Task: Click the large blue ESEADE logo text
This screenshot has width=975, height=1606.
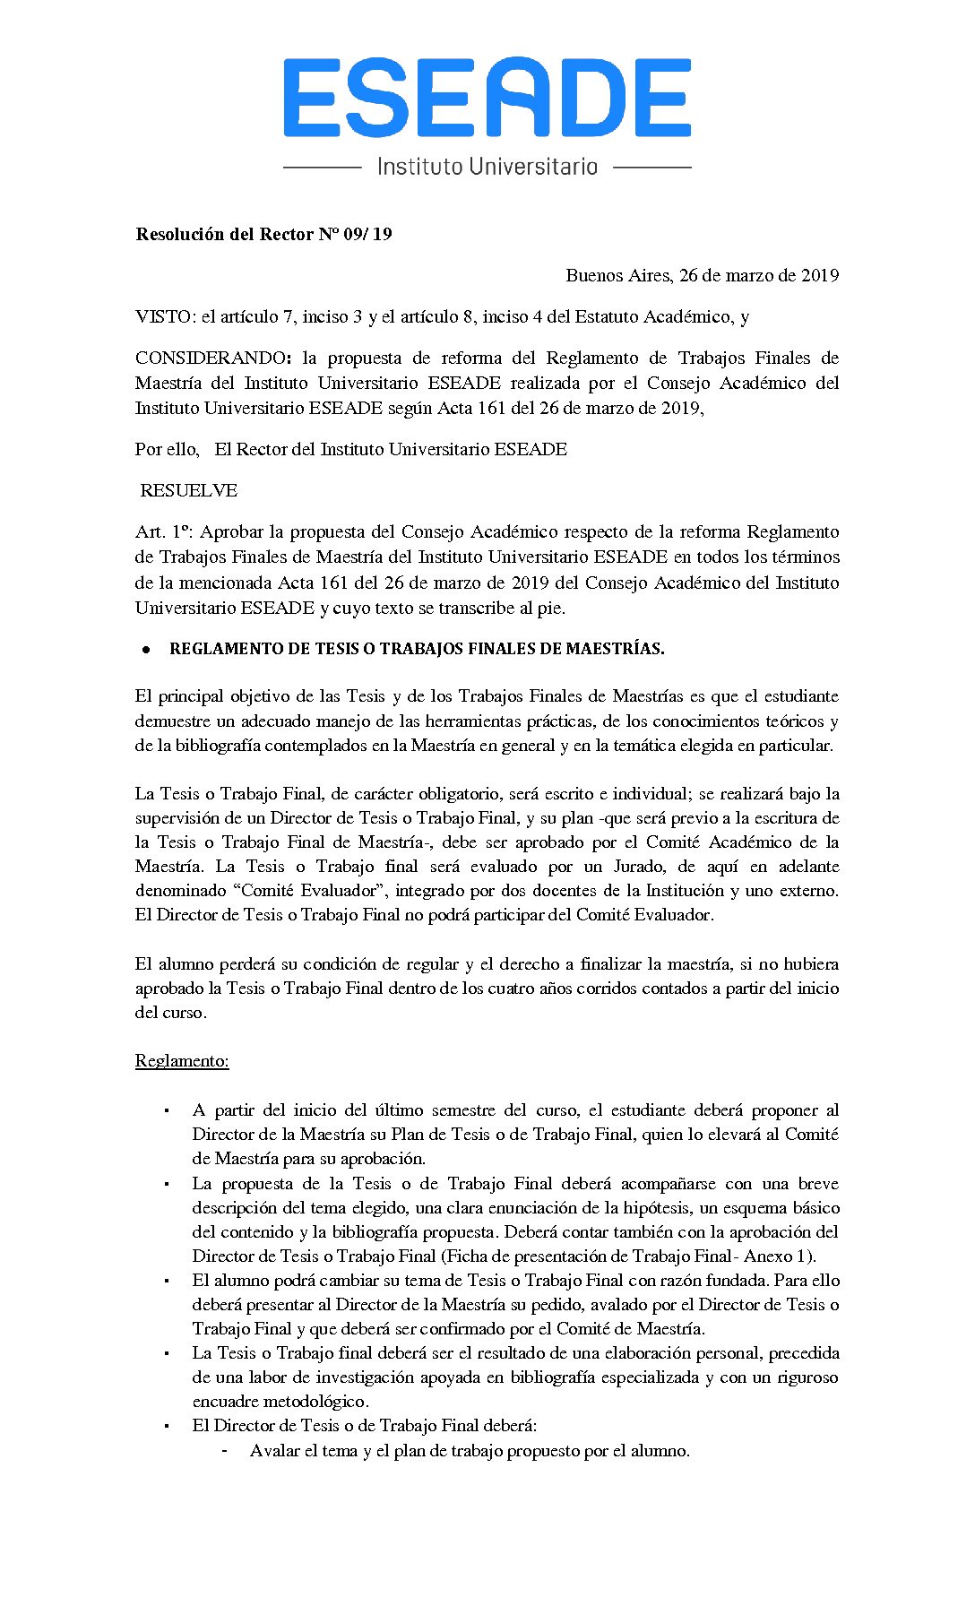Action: pos(487,98)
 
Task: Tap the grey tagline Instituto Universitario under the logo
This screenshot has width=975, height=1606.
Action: pos(487,167)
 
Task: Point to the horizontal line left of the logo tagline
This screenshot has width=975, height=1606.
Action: pos(322,167)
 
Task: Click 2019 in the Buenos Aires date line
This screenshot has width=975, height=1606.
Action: pos(820,276)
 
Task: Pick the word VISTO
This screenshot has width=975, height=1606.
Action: pos(163,317)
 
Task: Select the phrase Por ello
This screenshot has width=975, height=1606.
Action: pos(167,450)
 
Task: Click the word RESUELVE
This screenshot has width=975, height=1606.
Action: pos(189,491)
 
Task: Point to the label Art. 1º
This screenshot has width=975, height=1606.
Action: pos(162,532)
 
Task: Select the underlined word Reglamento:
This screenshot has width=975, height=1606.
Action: pos(182,1061)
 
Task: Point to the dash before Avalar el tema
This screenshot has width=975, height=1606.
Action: pos(224,1451)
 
